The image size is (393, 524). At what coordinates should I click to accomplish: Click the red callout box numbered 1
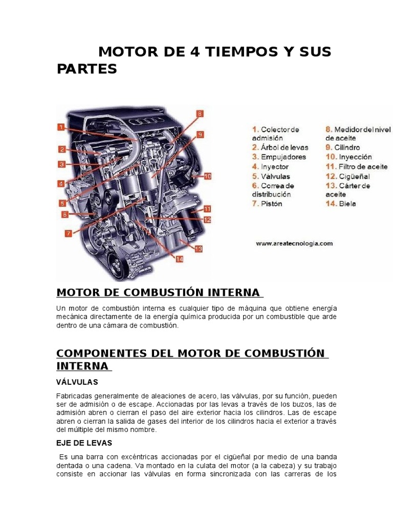(60, 127)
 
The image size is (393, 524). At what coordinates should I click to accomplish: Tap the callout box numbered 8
(200, 114)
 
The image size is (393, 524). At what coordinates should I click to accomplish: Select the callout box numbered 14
(180, 259)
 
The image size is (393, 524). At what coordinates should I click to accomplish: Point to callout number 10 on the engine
(208, 176)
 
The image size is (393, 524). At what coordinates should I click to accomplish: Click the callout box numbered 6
(64, 214)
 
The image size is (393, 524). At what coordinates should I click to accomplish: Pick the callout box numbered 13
(199, 249)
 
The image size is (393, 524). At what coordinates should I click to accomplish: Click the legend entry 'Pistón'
(267, 204)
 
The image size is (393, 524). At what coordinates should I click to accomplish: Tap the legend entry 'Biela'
(341, 204)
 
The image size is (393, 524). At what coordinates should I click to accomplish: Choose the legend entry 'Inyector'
(270, 166)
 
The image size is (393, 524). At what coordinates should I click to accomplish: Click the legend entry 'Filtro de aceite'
(357, 166)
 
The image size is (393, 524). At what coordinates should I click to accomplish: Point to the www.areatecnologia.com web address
(294, 244)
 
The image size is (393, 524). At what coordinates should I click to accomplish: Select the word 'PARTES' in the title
(87, 69)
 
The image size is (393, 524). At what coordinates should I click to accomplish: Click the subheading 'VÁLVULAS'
(77, 382)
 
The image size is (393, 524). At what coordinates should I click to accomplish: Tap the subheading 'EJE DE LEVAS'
(84, 443)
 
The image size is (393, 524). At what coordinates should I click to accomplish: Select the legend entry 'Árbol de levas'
(280, 147)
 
